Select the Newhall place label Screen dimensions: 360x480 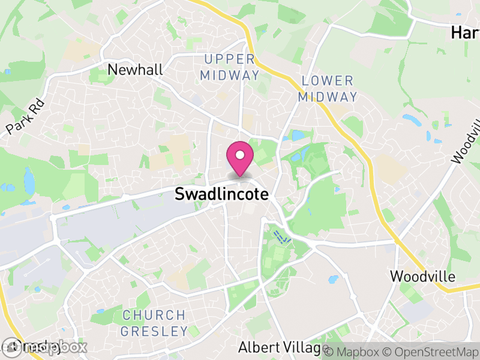tap(135, 70)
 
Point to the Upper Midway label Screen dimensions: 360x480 tap(230, 67)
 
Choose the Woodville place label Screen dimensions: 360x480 tap(422, 277)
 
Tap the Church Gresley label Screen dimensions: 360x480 tap(154, 323)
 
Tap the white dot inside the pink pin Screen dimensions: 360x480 tap(240, 155)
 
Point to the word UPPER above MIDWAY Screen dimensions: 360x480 tap(230, 59)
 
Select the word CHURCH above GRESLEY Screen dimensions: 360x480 tap(154, 315)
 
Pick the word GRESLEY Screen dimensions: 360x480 tap(154, 331)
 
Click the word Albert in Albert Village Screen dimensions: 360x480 tap(256, 347)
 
